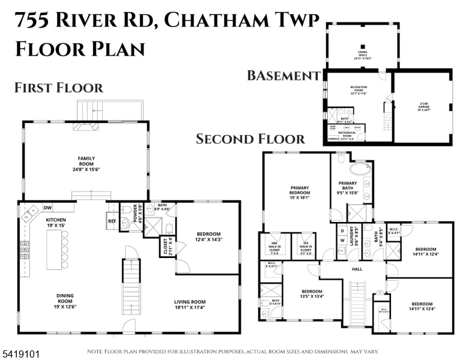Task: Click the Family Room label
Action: click(86, 162)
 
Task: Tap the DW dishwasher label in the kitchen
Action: click(47, 208)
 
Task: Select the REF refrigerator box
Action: click(112, 220)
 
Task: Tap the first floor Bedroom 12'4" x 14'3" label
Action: click(210, 237)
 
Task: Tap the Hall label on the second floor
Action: click(356, 269)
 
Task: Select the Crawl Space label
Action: click(362, 57)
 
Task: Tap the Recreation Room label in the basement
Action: click(359, 91)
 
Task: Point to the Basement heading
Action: click(283, 76)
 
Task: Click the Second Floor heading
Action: click(250, 139)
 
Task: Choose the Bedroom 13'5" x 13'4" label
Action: click(312, 294)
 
